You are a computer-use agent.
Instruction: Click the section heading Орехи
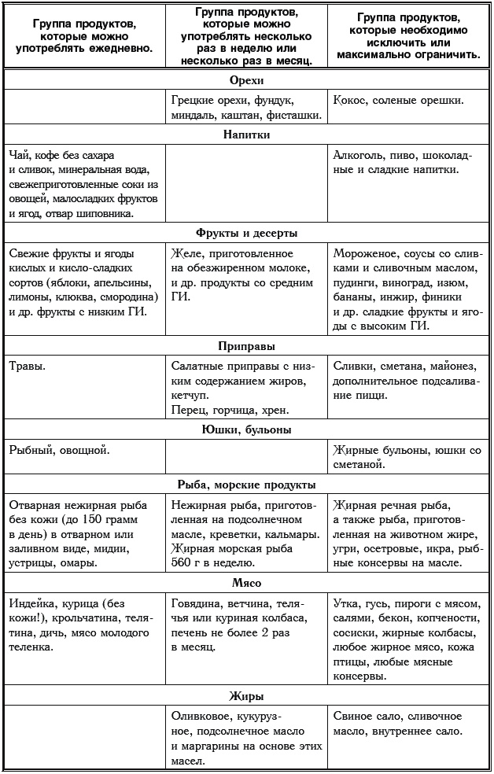246,80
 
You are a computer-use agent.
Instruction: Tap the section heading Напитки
246,135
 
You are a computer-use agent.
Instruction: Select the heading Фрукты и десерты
246,233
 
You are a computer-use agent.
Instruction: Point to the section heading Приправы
246,345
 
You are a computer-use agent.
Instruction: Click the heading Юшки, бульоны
246,429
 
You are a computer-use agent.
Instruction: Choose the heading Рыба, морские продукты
246,485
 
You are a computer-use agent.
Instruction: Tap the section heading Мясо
246,583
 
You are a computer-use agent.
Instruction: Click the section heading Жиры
246,696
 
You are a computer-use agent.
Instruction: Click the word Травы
28,366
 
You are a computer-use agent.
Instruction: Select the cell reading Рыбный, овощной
59,450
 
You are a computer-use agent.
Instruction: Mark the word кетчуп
190,396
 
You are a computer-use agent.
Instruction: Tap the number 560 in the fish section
182,564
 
